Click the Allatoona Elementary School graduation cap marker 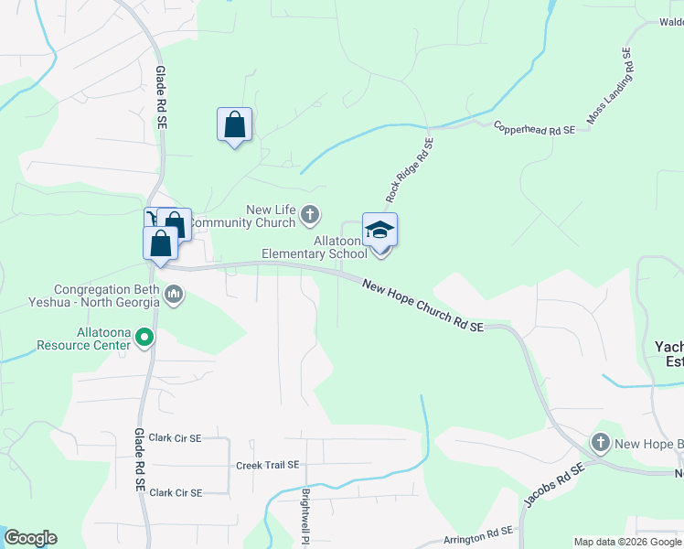pos(379,230)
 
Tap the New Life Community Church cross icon pos(310,215)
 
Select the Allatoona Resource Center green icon pos(144,339)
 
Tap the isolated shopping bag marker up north pos(234,125)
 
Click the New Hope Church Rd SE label pos(422,306)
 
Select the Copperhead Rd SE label pos(534,129)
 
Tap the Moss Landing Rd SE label pos(609,87)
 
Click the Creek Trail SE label pos(268,465)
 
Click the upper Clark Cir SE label pos(175,438)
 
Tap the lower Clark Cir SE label pos(175,492)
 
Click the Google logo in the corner pos(30,538)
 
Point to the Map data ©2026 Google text pos(626,542)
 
